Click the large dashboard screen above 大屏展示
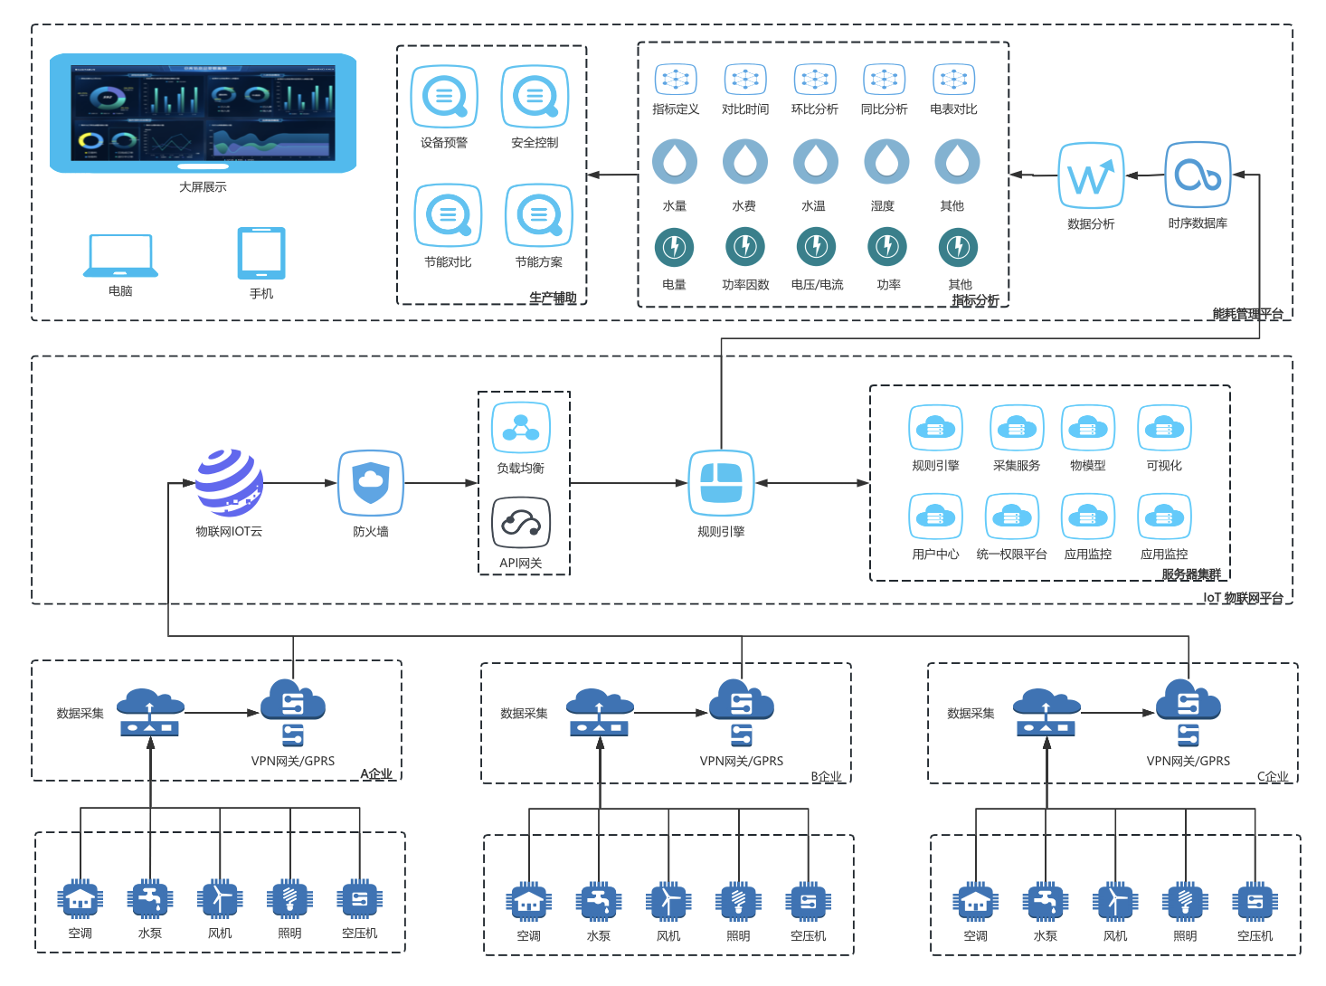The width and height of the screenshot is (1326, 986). (203, 113)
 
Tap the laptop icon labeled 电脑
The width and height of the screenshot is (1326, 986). (120, 256)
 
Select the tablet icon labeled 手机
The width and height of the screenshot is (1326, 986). (261, 253)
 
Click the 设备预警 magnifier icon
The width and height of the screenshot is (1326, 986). (444, 96)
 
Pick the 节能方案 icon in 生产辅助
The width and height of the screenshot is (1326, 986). (539, 215)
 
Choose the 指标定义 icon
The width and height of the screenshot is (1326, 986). (676, 80)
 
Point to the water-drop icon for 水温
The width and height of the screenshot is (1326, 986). (815, 162)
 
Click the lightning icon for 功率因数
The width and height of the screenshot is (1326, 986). (745, 246)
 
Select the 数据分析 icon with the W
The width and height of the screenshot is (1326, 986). (1091, 175)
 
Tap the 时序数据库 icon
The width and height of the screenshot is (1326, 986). (1198, 175)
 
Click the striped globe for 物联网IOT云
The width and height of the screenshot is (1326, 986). (230, 483)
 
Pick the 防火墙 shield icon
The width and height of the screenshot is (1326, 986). (370, 483)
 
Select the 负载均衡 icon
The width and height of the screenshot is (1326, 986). (521, 428)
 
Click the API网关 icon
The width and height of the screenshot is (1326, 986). (521, 523)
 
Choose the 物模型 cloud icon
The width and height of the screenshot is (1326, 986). (1088, 428)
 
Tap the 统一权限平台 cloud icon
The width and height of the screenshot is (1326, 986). (1012, 517)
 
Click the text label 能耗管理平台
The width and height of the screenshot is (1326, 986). (1247, 314)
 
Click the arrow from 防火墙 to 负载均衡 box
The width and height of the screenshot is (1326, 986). (440, 483)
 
